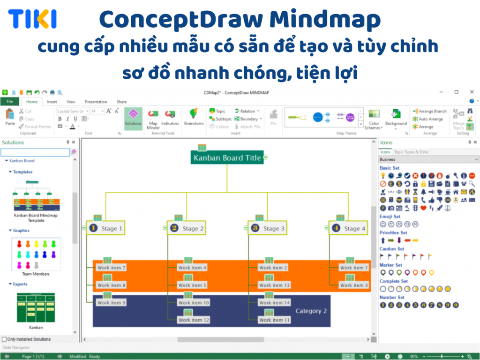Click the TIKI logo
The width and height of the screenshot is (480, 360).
32,19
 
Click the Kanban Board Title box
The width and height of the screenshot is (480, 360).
227,157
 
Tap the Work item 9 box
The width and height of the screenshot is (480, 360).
111,303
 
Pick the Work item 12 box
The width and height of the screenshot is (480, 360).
193,320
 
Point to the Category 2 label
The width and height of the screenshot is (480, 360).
311,311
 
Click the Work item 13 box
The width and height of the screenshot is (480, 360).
274,285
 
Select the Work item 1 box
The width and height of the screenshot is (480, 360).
354,268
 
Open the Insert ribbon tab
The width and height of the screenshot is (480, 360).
52,102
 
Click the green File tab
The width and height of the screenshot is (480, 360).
9,102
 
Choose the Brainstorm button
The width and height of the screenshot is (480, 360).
194,117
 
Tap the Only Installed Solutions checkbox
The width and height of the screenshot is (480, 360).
5,339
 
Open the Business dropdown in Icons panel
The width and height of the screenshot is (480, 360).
429,159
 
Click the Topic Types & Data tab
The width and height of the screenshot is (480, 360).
411,152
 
